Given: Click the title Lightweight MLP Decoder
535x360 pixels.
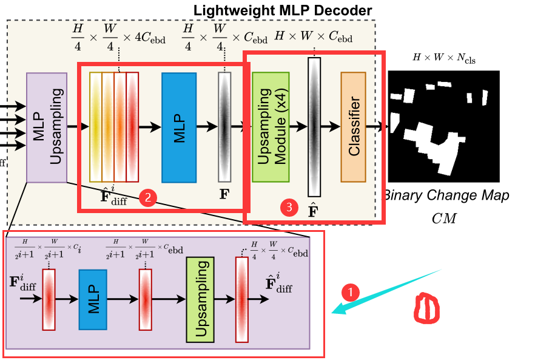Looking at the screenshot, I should [x=283, y=10].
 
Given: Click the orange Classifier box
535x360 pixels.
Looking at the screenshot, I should [x=353, y=127].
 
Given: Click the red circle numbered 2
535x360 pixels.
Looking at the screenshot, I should [x=148, y=197].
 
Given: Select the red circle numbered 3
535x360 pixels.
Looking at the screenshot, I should [x=289, y=207].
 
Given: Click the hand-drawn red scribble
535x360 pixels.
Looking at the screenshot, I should [x=426, y=308].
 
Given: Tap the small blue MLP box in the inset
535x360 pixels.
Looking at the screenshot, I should [x=93, y=299].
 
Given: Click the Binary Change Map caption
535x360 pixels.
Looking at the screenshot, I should [x=446, y=195].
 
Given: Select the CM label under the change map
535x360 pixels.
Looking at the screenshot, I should [x=443, y=217].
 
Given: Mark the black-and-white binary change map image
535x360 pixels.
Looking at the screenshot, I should [x=443, y=126].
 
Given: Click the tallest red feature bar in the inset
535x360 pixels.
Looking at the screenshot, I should [x=243, y=300].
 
